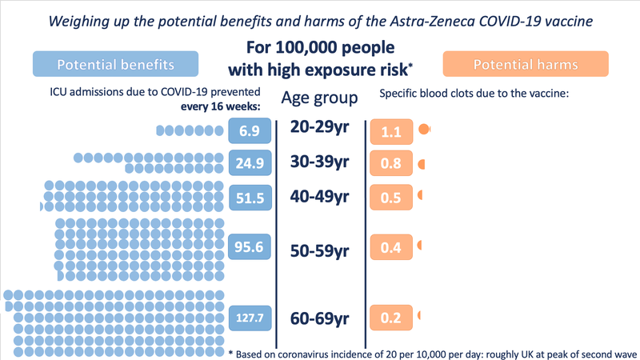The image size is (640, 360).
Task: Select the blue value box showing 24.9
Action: tap(245, 163)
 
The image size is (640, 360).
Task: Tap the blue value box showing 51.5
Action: tap(245, 198)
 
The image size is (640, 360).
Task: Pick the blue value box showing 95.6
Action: tap(245, 248)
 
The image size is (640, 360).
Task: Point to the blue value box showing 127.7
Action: tap(245, 318)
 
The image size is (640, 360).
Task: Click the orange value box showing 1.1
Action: tap(391, 132)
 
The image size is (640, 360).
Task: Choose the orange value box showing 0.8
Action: tap(391, 164)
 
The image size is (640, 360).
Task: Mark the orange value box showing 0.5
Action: tap(391, 198)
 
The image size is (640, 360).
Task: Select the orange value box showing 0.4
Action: tap(391, 248)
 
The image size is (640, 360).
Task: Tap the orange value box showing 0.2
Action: tap(391, 318)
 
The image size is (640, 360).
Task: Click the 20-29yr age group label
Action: tap(320, 128)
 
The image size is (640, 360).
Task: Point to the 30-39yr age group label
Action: tap(320, 162)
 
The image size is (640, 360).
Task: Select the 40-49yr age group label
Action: tap(320, 196)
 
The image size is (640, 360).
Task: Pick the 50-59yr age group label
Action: tap(320, 250)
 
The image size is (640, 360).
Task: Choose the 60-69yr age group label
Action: tap(320, 318)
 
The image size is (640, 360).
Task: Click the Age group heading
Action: tap(320, 98)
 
